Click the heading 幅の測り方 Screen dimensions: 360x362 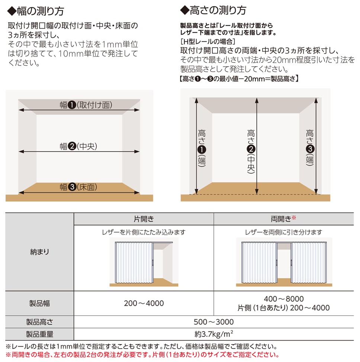coord(36,11)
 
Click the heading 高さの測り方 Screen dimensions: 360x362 coord(213,10)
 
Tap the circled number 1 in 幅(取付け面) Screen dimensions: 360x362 coord(72,105)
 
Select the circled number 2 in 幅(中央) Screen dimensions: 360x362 coord(72,146)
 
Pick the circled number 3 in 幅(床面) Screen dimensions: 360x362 coord(72,187)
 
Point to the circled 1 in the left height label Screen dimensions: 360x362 coord(202,150)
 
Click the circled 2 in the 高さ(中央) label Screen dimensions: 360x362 coord(251,149)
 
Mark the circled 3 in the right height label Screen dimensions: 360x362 coord(310,149)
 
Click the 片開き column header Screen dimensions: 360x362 coord(144,219)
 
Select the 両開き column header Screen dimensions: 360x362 coord(281,219)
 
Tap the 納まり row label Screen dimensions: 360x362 coord(39,252)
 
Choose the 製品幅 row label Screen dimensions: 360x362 coord(39,303)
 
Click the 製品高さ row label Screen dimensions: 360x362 coord(39,322)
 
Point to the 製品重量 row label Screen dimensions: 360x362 coord(39,334)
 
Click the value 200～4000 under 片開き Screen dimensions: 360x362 coord(144,303)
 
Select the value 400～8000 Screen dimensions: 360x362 coord(284,299)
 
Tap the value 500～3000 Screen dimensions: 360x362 coord(214,322)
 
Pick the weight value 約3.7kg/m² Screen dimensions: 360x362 coord(214,334)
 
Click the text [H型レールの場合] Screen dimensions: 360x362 coord(208,42)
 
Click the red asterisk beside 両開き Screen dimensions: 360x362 coord(294,217)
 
